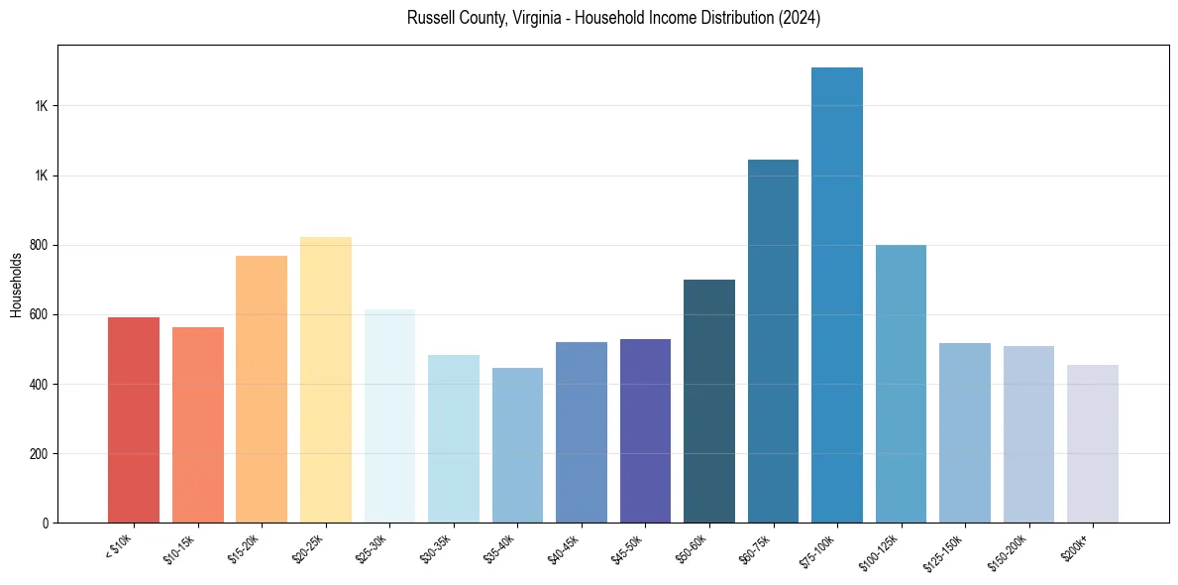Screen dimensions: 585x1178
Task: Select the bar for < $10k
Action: click(x=134, y=420)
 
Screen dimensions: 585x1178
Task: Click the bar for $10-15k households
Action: click(x=198, y=425)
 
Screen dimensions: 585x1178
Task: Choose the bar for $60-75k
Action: click(x=773, y=341)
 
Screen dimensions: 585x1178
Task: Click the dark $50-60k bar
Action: click(x=709, y=402)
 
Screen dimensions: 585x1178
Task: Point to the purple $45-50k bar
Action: click(x=645, y=431)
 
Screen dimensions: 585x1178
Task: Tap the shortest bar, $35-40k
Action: click(x=517, y=445)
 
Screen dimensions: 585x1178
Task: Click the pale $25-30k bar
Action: click(x=389, y=416)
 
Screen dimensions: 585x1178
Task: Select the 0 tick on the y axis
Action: click(x=47, y=524)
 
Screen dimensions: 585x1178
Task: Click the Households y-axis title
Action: click(x=16, y=285)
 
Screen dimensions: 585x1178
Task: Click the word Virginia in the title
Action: click(x=536, y=18)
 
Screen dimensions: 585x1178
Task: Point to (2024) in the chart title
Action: click(x=802, y=18)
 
